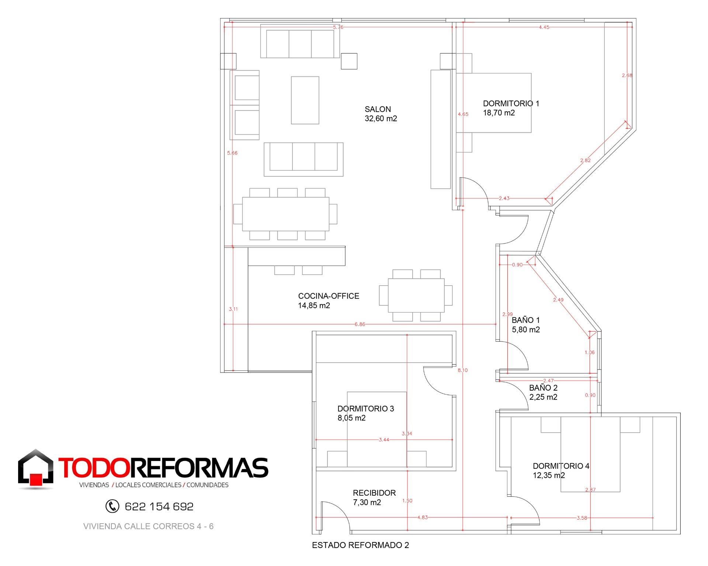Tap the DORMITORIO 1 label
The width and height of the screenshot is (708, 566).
[x=511, y=104]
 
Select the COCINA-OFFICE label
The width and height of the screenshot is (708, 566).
[x=329, y=296]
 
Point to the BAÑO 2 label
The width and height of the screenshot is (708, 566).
[x=543, y=388]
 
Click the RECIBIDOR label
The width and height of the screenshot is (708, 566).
[x=374, y=493]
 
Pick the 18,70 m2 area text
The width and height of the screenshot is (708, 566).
[x=499, y=113]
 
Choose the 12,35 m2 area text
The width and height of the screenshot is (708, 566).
[x=549, y=475]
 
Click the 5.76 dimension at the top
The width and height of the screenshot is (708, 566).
[x=338, y=27]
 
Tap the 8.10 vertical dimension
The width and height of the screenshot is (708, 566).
[x=462, y=370]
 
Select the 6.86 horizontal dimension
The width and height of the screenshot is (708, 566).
[x=360, y=324]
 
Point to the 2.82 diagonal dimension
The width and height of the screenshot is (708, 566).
[x=585, y=160]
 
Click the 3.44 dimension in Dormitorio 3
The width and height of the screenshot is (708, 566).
[x=384, y=440]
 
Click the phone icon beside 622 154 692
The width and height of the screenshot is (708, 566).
[x=112, y=506]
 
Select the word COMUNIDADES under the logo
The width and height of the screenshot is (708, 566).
[x=208, y=485]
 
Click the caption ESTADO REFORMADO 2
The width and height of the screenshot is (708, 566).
[x=360, y=545]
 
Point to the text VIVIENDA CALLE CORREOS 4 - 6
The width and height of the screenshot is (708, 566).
[x=149, y=526]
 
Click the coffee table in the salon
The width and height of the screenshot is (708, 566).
[x=305, y=100]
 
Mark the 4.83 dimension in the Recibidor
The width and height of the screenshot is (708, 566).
[x=423, y=517]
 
